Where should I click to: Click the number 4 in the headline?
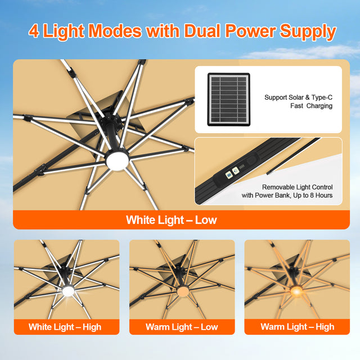(x=34, y=31)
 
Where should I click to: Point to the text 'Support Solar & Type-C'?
(x=298, y=97)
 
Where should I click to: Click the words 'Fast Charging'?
(x=311, y=106)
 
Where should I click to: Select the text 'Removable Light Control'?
(x=298, y=187)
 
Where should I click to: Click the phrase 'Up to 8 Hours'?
(x=312, y=196)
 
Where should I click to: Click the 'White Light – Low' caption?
(x=172, y=220)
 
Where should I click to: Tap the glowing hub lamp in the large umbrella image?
(x=117, y=160)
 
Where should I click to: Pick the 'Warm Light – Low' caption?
(x=182, y=327)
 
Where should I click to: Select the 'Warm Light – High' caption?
(x=297, y=327)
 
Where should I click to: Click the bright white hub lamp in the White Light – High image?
(x=69, y=291)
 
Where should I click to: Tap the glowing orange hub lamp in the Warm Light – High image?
(x=296, y=291)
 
